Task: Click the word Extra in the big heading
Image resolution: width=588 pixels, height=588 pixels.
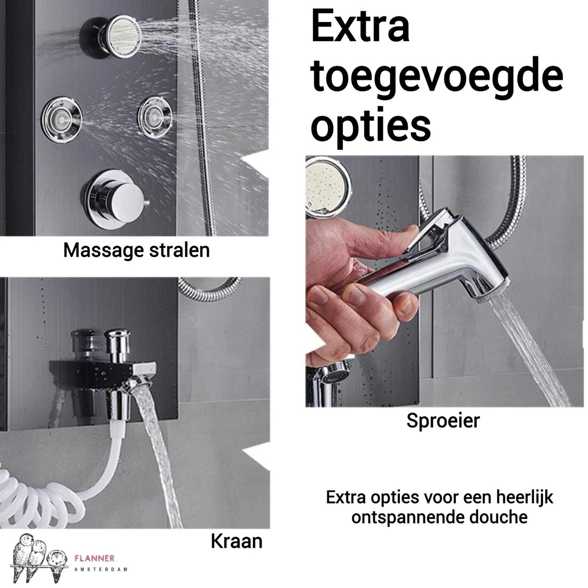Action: pos(360,26)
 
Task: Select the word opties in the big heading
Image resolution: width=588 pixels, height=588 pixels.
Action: pos(371,124)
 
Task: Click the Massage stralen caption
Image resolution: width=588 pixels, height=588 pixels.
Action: pos(136,250)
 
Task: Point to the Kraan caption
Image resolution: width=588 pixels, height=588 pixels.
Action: pos(236,541)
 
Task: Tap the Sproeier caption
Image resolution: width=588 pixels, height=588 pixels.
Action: pos(442,421)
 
